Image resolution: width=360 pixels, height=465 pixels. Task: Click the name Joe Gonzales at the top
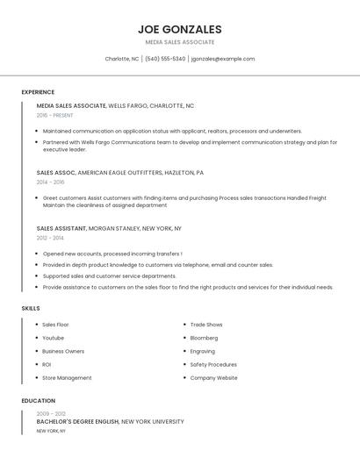180,29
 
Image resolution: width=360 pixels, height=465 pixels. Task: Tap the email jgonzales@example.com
223,59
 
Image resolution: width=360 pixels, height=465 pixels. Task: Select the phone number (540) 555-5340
165,59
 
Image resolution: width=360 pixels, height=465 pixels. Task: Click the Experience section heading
38,92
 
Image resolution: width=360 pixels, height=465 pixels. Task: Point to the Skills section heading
31,308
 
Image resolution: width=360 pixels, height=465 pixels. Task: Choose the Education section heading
39,401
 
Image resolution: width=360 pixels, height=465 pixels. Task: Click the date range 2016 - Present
54,115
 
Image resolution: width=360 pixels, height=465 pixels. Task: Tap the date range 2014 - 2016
50,182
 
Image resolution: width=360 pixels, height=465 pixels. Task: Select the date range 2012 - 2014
50,238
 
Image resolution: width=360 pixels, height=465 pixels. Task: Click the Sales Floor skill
55,325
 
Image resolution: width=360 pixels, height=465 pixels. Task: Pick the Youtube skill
53,338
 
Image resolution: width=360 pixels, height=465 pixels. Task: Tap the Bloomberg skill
204,338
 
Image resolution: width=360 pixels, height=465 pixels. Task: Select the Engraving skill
202,351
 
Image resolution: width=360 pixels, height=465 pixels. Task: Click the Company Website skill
213,377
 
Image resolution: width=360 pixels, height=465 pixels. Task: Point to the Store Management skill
67,377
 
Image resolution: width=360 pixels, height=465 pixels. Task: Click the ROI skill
47,364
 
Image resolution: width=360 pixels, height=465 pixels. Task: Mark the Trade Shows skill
206,325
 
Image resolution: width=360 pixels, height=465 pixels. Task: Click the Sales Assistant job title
61,228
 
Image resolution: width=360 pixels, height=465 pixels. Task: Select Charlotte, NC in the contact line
122,59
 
